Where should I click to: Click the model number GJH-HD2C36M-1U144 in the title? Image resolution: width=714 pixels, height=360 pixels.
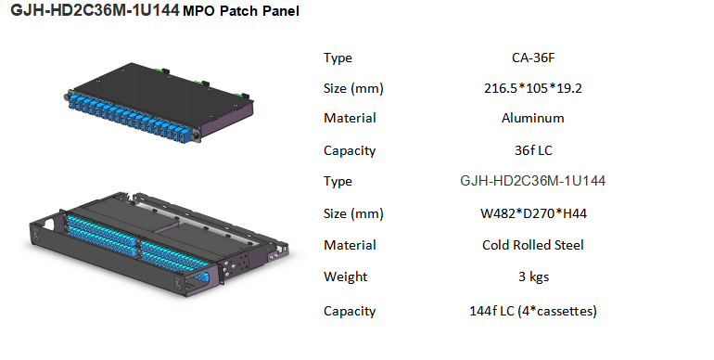[95, 10]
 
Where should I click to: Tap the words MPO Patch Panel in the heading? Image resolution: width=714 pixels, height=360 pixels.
[241, 11]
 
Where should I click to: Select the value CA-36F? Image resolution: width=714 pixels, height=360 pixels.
[533, 58]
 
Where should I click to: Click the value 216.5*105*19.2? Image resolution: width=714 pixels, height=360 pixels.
[533, 88]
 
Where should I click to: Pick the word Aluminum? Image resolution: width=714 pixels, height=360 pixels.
[533, 118]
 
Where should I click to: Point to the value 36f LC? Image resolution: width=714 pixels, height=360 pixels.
[533, 150]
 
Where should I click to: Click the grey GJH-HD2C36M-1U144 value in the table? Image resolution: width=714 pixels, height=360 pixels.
[533, 181]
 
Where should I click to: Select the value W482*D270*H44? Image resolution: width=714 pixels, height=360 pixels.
[533, 213]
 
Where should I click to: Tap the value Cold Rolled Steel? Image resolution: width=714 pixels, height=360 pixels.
[533, 245]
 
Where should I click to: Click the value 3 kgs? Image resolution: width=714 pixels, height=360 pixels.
[533, 276]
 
